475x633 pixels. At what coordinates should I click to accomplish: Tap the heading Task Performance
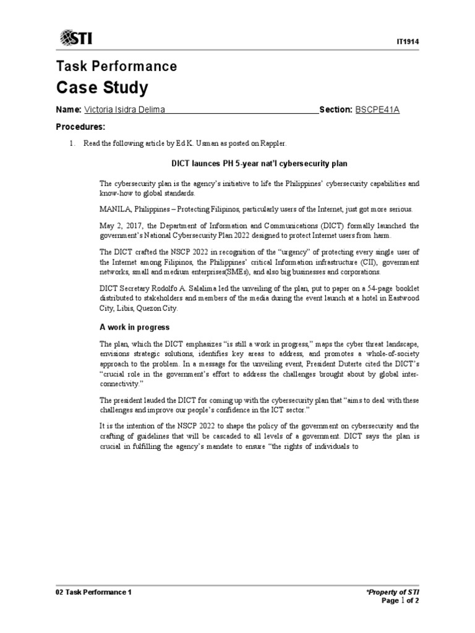(x=116, y=66)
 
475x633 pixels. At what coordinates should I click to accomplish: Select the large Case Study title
(x=102, y=88)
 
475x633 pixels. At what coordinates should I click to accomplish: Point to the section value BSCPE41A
(x=377, y=110)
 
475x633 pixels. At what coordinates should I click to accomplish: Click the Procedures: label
(x=80, y=127)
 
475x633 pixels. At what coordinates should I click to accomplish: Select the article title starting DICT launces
(x=259, y=164)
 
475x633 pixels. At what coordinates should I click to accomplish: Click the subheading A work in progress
(x=134, y=327)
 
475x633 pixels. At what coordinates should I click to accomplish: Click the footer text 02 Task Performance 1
(x=94, y=592)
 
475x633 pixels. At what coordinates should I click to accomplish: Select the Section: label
(x=335, y=110)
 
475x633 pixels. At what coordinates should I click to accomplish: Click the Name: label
(x=69, y=110)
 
